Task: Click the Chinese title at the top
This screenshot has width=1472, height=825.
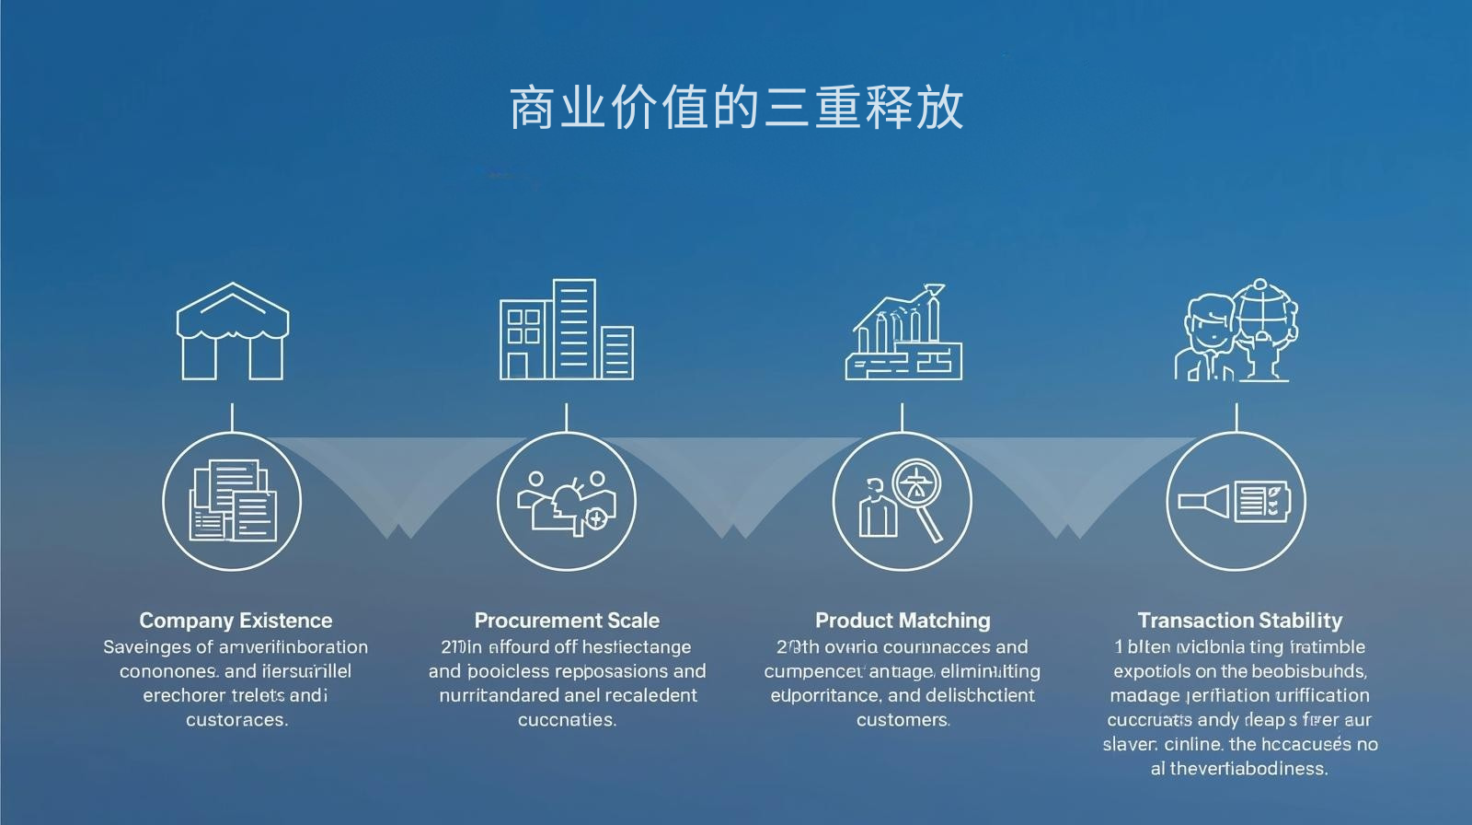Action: click(736, 108)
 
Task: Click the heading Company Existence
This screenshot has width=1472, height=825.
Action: click(236, 621)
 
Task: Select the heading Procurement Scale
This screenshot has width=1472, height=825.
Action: click(567, 621)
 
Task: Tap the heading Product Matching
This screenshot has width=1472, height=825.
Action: click(903, 621)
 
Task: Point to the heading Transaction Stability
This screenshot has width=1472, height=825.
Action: click(1239, 621)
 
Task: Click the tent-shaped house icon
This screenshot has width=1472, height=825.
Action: click(232, 331)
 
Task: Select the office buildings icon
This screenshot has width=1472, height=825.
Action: click(567, 330)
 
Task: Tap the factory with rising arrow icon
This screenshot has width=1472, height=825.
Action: click(903, 331)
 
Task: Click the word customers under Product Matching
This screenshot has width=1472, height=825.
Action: click(903, 720)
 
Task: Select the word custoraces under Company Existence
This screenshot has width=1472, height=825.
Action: click(236, 720)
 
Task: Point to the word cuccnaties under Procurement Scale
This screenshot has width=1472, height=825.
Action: click(567, 720)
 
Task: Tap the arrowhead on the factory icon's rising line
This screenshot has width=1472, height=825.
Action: click(934, 290)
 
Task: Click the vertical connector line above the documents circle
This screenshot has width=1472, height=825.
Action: click(232, 417)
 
